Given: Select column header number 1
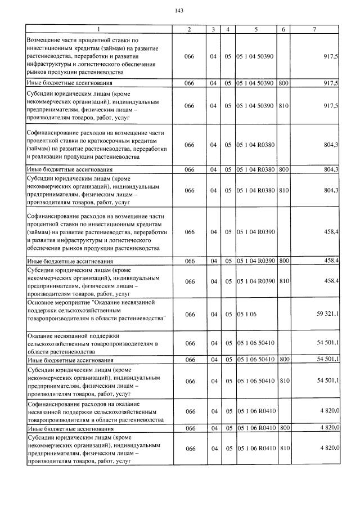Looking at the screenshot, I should pyautogui.click(x=98, y=29).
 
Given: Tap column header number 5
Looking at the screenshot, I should pyautogui.click(x=256, y=29).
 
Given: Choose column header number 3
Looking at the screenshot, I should pyautogui.click(x=213, y=29).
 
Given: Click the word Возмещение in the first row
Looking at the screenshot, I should pyautogui.click(x=46, y=41).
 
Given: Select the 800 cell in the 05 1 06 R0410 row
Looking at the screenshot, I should pyautogui.click(x=283, y=429).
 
